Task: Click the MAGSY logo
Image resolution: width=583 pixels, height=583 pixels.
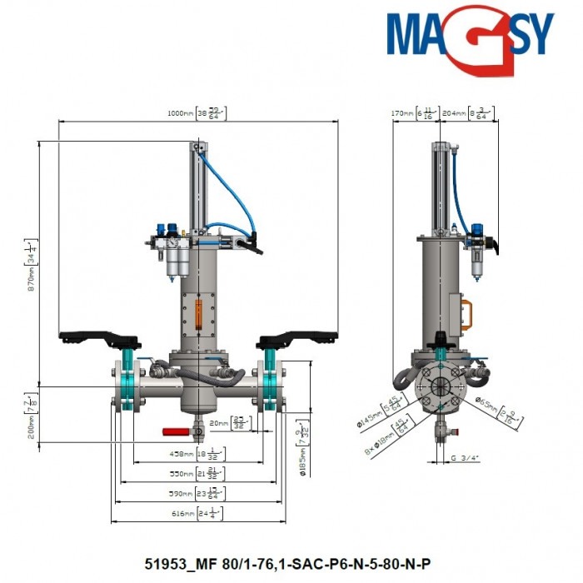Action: pos(470,35)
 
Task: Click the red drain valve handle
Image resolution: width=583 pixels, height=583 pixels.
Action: pos(176,432)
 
